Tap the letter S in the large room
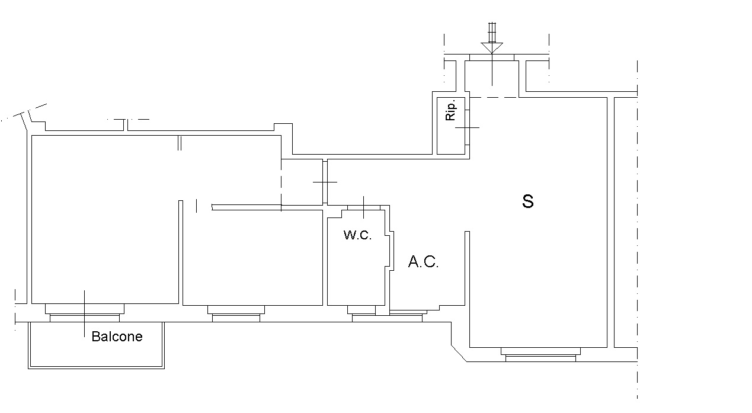pos(527,201)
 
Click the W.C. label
pos(357,235)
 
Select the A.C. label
pos(423,262)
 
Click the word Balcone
pos(117,337)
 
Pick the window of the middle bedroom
pos(236,314)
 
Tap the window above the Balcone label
pos(85,313)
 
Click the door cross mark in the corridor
pos(325,182)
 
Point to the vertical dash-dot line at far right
pos(637,237)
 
